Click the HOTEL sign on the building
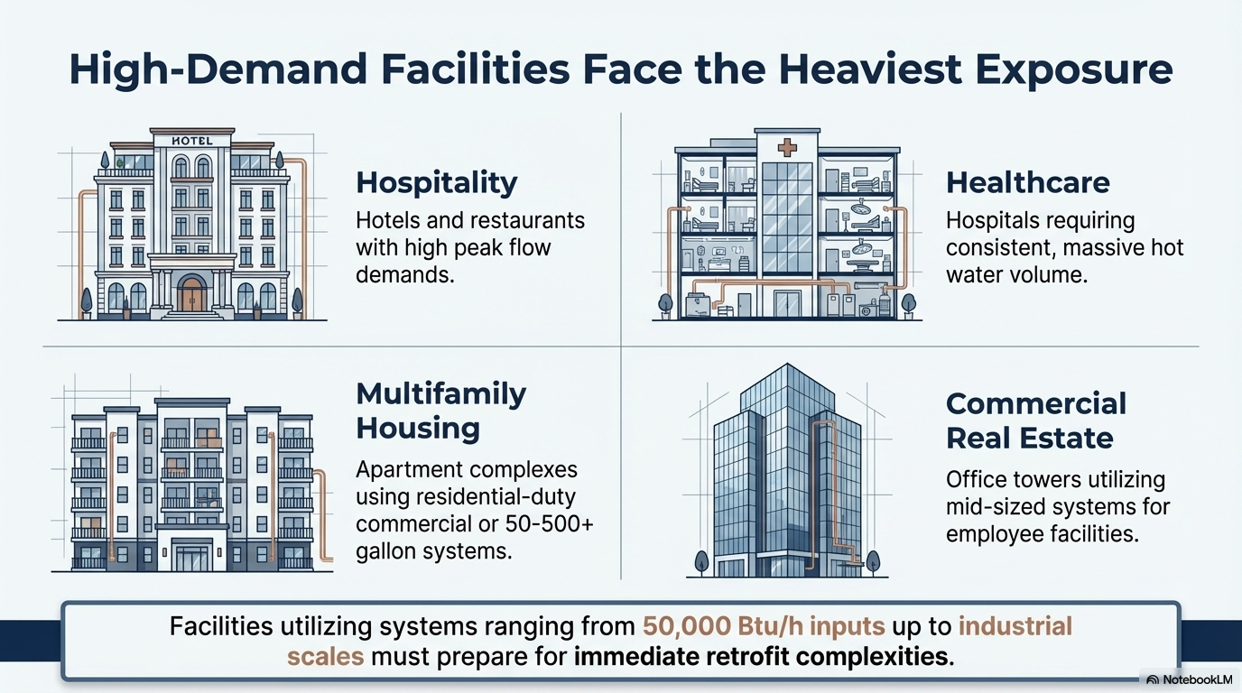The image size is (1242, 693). pyautogui.click(x=192, y=141)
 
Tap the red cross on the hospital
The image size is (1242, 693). pyautogui.click(x=787, y=147)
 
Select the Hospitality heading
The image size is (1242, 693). pyautogui.click(x=436, y=183)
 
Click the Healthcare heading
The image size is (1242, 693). pyautogui.click(x=1027, y=182)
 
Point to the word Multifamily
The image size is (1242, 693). pyautogui.click(x=440, y=394)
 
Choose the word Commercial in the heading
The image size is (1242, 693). pyautogui.click(x=1035, y=403)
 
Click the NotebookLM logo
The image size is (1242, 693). pyautogui.click(x=1190, y=679)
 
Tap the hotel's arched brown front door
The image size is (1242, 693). pyautogui.click(x=192, y=294)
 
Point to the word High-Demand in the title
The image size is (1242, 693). pyautogui.click(x=218, y=70)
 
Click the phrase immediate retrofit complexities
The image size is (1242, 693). pyautogui.click(x=760, y=657)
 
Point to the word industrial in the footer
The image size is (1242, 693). pyautogui.click(x=1015, y=626)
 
